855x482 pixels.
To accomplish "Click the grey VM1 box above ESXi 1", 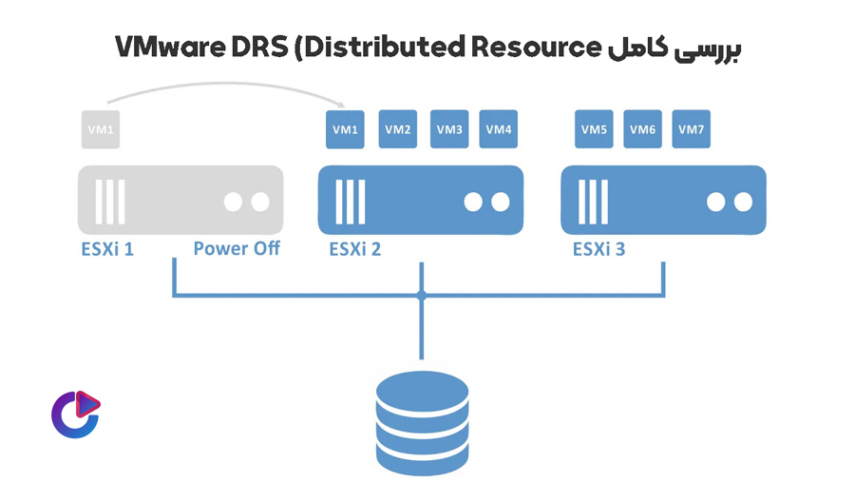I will click(x=101, y=130).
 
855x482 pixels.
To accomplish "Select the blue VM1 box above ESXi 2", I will click(x=345, y=130).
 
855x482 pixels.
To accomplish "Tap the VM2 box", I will click(x=398, y=130).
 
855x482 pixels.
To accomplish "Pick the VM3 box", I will click(x=449, y=130).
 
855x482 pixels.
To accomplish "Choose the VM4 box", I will click(x=500, y=130).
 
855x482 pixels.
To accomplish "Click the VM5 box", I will click(x=595, y=130).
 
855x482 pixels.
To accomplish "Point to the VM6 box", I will click(x=642, y=130).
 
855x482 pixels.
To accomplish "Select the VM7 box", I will click(x=691, y=130).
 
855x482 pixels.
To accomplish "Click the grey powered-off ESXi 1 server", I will click(x=180, y=201).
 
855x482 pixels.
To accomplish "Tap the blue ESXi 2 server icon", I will click(x=421, y=201).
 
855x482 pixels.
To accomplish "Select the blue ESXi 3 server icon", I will click(x=663, y=201).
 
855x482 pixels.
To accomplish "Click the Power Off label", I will click(x=237, y=250).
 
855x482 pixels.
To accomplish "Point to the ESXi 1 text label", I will click(x=107, y=250).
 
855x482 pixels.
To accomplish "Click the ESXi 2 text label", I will click(x=354, y=250).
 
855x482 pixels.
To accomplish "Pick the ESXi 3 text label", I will click(x=598, y=250).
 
